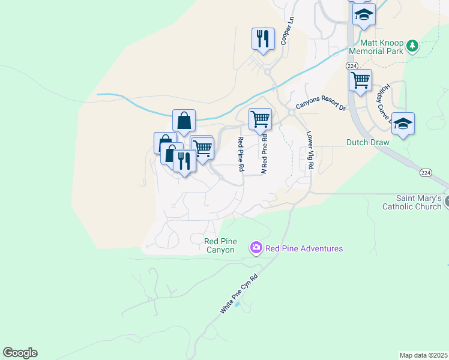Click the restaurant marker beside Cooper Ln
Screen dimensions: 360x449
click(263, 39)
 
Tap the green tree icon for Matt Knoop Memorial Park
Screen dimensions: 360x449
click(412, 46)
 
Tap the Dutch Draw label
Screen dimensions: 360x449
click(368, 143)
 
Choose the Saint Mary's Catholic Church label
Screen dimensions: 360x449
click(412, 202)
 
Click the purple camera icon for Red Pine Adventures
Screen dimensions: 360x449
click(256, 248)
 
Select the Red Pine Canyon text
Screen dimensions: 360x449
click(219, 245)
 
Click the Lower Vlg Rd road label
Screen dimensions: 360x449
click(310, 150)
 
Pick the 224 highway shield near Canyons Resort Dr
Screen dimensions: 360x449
click(352, 65)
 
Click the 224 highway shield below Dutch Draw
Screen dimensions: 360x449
click(426, 173)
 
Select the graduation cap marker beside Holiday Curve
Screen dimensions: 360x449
click(403, 124)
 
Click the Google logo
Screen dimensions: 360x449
click(20, 353)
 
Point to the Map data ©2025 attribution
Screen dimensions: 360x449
click(424, 355)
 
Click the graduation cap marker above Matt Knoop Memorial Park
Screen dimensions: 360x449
click(364, 14)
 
